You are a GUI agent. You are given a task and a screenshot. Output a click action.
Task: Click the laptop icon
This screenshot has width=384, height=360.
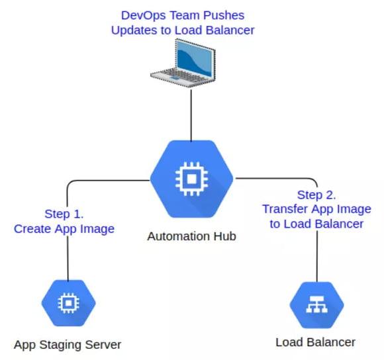(183, 64)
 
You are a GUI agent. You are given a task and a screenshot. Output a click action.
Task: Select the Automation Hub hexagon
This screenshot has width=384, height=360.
(191, 179)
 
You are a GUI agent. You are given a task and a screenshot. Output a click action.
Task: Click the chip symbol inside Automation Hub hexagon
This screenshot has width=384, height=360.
(191, 179)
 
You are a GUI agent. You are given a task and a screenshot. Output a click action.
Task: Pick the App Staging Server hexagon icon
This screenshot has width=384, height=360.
(68, 303)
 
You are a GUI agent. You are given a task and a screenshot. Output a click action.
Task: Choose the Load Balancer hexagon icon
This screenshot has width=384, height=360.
(316, 305)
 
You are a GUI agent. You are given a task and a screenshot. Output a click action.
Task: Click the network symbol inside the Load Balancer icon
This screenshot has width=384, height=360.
(316, 304)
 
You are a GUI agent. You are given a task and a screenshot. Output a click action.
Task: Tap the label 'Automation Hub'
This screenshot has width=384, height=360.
(191, 236)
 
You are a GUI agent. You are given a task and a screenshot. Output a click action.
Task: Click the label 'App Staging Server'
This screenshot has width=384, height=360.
(68, 345)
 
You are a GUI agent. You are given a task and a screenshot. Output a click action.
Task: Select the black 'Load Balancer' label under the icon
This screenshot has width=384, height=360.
(315, 342)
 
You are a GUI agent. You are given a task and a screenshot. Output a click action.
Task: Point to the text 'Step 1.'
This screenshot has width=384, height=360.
(64, 214)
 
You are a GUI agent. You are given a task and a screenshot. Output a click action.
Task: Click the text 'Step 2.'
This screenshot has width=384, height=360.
(316, 195)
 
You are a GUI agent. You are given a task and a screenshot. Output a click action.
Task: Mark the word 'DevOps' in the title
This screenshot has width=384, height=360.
(144, 15)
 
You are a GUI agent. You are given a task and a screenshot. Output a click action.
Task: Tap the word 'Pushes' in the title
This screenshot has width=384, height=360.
(224, 15)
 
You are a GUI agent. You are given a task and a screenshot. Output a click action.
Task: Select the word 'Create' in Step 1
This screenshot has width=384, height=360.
(32, 229)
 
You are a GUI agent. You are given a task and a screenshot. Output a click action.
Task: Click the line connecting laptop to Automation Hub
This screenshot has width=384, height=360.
(191, 115)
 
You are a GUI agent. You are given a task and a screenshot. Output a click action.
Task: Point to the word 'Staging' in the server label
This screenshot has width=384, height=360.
(58, 345)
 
